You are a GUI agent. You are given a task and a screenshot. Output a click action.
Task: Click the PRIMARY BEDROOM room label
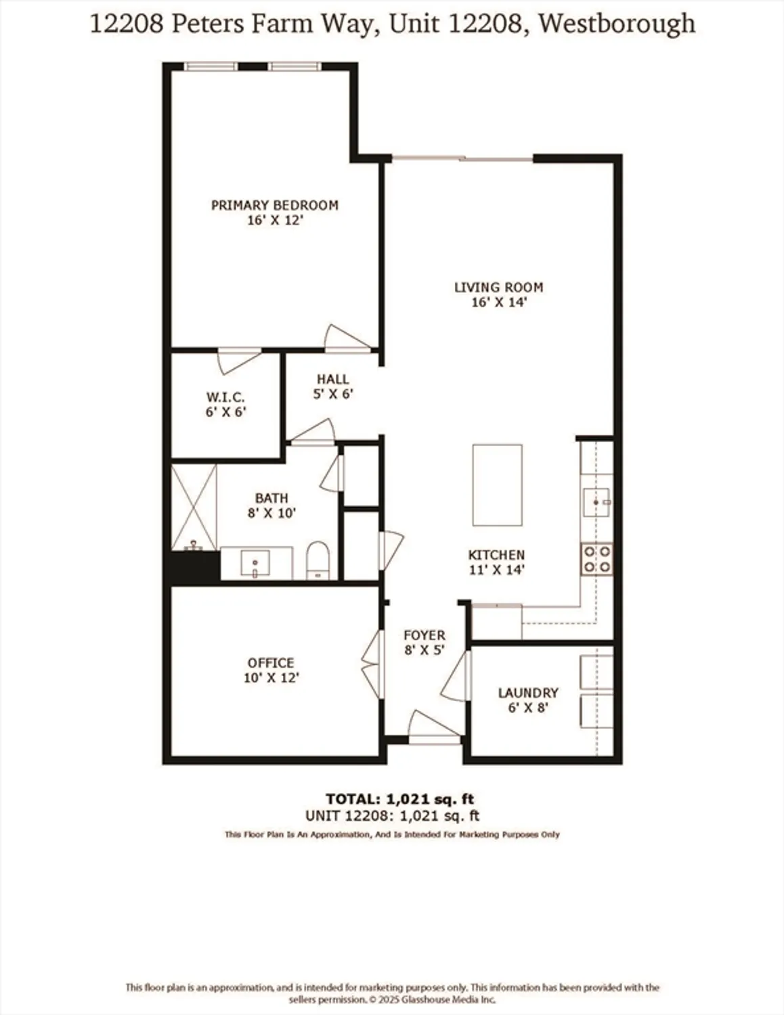pos(274,205)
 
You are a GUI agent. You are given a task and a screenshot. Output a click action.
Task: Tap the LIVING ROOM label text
pos(498,287)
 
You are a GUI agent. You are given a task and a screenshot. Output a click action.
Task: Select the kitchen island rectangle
pos(497,484)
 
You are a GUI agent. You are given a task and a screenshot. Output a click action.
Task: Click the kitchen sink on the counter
pos(596,502)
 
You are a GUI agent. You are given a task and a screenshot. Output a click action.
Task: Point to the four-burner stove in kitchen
pos(596,560)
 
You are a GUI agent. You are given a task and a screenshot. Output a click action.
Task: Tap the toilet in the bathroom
pos(317,560)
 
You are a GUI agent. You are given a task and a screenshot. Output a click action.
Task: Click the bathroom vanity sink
pos(255,564)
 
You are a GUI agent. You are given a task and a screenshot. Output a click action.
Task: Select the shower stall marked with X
pos(194,507)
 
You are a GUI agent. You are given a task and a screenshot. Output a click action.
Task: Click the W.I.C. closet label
pos(225,397)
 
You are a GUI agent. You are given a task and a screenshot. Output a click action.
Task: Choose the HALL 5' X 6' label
pos(333,386)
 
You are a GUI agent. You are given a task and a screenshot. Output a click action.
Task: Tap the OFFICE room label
pos(271,662)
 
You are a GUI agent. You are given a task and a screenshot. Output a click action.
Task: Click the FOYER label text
pos(424,635)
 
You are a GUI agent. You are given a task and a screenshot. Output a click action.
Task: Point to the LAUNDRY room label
pos(528,693)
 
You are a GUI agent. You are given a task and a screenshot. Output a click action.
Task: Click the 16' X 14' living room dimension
pos(498,302)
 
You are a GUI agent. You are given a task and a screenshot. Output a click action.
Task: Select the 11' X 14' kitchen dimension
pos(496,570)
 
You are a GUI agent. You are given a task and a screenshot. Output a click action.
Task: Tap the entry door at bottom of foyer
pos(434,727)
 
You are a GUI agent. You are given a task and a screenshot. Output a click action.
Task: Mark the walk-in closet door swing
pos(240,360)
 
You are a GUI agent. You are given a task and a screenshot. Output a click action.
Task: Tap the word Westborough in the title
pos(618,24)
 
